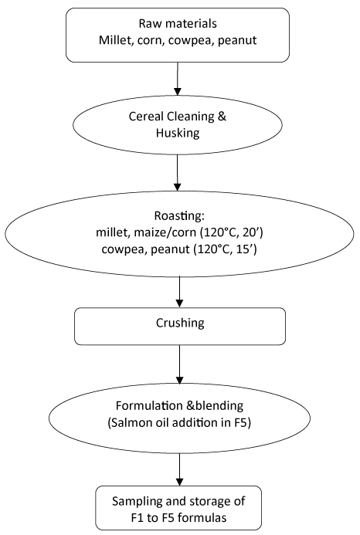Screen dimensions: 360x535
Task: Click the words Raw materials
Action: (x=178, y=23)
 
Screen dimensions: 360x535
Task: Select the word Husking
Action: (x=178, y=133)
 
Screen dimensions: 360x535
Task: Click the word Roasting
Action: (x=179, y=216)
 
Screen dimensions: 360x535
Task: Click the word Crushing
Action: (x=180, y=323)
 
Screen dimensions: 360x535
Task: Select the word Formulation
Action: (x=150, y=405)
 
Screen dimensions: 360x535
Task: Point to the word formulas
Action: (x=202, y=517)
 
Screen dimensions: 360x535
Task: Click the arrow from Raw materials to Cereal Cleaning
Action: (x=177, y=79)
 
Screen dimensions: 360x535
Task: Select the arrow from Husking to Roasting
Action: (x=177, y=173)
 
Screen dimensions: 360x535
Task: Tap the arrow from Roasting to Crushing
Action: (x=179, y=292)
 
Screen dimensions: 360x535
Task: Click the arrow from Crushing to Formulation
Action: (x=179, y=364)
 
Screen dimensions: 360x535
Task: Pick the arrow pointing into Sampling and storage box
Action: (x=179, y=469)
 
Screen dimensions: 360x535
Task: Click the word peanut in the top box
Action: (x=237, y=41)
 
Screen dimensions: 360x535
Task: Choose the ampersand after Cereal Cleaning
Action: (x=221, y=117)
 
